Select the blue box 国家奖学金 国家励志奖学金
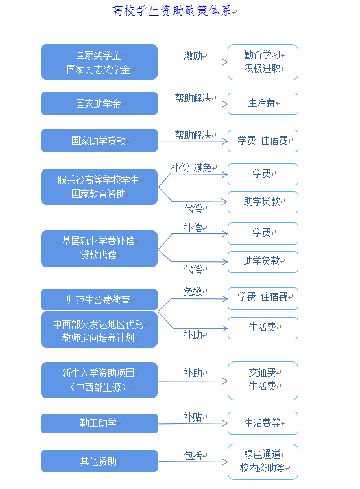coord(99,62)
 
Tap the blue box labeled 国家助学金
coord(99,104)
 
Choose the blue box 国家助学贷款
coord(99,141)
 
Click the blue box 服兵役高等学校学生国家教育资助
coord(99,187)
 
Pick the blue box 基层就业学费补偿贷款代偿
coord(99,248)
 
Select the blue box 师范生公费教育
coord(99,300)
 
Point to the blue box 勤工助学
coord(99,423)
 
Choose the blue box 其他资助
coord(99,461)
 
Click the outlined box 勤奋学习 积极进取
coord(263,62)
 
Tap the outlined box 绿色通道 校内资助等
coord(263,461)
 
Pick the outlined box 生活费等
coord(263,423)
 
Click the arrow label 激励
coord(193,56)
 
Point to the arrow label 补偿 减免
coord(191,167)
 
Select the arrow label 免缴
coord(193,292)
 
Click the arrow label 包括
coord(193,455)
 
